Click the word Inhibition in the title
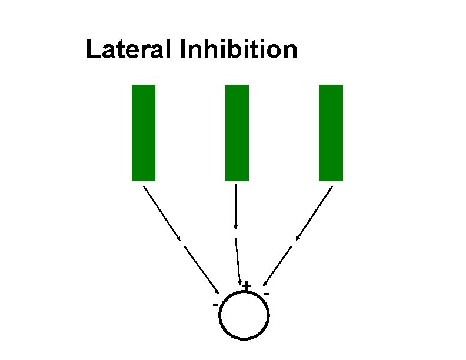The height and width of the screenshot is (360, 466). pyautogui.click(x=239, y=50)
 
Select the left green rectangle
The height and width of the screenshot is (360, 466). pyautogui.click(x=144, y=132)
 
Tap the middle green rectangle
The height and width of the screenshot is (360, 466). pyautogui.click(x=237, y=132)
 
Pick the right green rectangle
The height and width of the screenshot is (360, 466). pyautogui.click(x=331, y=132)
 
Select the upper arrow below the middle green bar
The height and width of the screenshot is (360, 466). pyautogui.click(x=235, y=206)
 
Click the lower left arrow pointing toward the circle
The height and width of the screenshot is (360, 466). pyautogui.click(x=202, y=269)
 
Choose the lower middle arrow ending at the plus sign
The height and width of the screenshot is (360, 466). pyautogui.click(x=238, y=262)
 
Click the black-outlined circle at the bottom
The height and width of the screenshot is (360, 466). pyautogui.click(x=244, y=316)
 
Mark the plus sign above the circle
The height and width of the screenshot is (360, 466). pyautogui.click(x=247, y=286)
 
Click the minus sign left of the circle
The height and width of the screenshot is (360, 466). pyautogui.click(x=215, y=304)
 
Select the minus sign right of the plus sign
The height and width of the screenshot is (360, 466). pyautogui.click(x=267, y=292)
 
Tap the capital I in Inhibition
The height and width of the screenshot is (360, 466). pyautogui.click(x=184, y=50)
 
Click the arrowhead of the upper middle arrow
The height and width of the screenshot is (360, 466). pyautogui.click(x=235, y=227)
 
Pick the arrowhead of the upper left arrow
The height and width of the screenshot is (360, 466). pyautogui.click(x=179, y=238)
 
